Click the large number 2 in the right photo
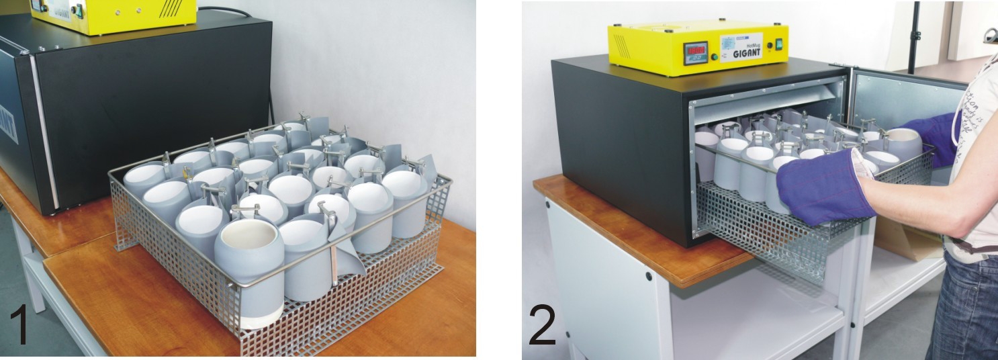click(542, 324)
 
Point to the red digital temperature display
click(695, 51)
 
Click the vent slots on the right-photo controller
click(622, 46)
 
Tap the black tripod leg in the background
click(913, 37)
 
